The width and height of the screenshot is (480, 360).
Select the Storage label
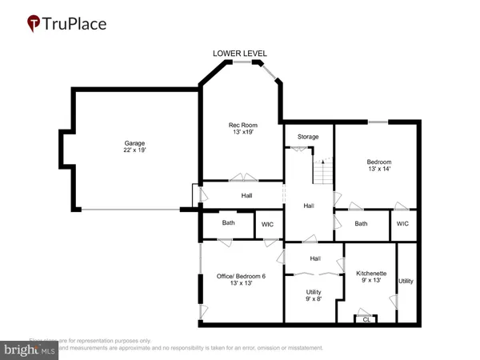(308, 137)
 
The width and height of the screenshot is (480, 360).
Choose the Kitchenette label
(371, 273)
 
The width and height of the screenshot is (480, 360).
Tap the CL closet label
(366, 319)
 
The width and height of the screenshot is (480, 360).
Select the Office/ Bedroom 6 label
(241, 276)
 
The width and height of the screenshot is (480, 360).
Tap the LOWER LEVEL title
(239, 54)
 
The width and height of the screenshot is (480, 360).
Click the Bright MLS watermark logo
(30, 350)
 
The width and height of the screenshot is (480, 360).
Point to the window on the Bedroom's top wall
(378, 122)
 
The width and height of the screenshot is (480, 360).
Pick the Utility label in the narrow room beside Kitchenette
(406, 282)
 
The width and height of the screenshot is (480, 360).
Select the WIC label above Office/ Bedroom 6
(268, 225)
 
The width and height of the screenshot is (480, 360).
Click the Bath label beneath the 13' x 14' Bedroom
(361, 224)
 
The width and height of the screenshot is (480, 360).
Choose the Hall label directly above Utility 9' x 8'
(315, 258)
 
